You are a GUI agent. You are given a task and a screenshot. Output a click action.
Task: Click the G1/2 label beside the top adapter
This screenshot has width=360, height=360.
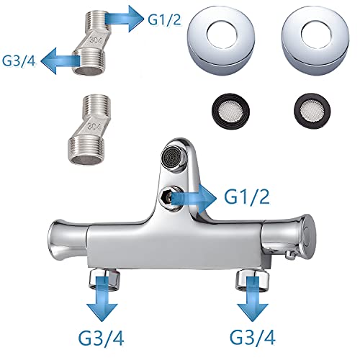point(164,19)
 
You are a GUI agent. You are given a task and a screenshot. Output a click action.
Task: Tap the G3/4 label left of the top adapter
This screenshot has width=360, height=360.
point(19,61)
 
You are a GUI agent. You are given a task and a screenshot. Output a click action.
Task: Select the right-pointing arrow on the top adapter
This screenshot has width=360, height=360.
point(124,19)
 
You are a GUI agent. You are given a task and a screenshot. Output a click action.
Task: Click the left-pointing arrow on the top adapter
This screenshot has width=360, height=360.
point(60,60)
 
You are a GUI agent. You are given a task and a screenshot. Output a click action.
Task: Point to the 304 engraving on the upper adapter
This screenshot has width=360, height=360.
point(94,40)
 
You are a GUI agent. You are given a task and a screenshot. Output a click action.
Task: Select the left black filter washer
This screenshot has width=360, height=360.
point(230,112)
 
